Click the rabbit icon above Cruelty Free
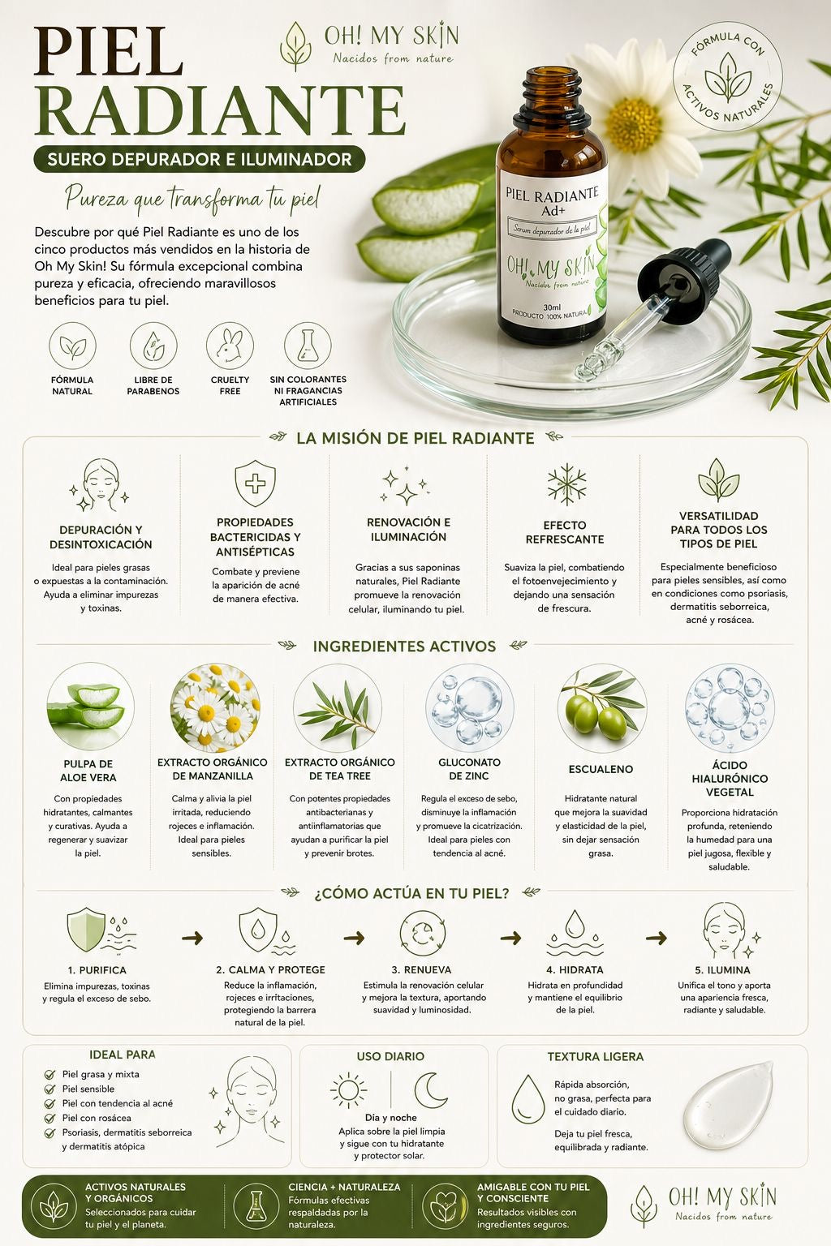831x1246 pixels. click(230, 346)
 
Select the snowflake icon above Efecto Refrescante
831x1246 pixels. click(566, 484)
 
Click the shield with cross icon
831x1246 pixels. click(255, 483)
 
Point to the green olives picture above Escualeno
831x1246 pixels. click(602, 708)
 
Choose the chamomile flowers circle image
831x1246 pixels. click(215, 708)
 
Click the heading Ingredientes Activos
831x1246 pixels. click(404, 646)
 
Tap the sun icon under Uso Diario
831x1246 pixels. click(348, 1089)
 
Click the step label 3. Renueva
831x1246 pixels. click(421, 969)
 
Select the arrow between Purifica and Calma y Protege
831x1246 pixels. click(192, 939)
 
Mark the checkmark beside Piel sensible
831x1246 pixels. click(50, 1089)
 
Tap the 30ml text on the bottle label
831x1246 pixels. click(552, 307)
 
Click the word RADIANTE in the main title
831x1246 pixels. click(220, 109)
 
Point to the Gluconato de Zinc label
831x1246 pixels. click(469, 769)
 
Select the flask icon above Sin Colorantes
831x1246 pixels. click(308, 346)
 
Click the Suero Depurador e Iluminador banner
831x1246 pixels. click(200, 160)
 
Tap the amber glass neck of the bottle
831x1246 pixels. click(552, 95)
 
